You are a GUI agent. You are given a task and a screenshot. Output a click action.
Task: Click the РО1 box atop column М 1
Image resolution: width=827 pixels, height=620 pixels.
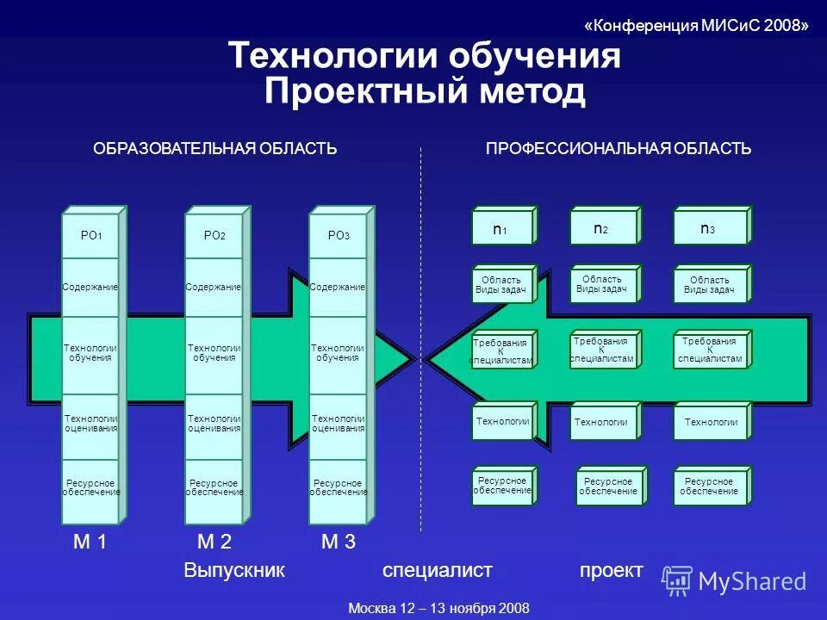point(90,235)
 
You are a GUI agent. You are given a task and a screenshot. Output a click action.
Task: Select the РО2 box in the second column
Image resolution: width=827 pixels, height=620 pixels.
point(214,235)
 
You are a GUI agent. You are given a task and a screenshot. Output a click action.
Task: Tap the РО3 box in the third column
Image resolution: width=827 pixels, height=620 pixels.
point(338,235)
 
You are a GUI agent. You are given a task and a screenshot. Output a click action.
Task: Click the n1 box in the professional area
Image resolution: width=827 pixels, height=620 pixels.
point(501,230)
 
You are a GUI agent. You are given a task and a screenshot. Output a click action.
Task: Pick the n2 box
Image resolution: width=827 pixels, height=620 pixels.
point(601,228)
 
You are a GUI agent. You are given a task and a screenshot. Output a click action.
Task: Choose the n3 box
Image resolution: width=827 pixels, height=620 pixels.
point(708,228)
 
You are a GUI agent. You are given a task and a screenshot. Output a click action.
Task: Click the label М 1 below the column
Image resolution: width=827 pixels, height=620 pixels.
point(90,542)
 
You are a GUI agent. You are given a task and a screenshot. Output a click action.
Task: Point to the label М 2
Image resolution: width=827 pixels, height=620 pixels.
point(214,542)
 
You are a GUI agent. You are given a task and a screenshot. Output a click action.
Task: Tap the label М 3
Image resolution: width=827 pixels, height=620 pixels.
point(338,542)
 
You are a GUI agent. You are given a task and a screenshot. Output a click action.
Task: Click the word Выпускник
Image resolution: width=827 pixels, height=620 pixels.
point(233,571)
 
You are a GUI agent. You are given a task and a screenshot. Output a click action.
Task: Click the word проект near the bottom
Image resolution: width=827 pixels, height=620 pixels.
point(611,570)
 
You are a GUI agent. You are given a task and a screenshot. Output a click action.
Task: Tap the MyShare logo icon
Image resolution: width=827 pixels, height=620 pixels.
point(677,580)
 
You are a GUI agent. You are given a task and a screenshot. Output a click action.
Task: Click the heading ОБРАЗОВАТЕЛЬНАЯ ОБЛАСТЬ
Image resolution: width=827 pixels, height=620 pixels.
point(215,149)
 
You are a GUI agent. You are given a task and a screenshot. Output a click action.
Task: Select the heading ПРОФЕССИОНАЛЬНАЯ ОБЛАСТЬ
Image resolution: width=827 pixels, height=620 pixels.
point(619,149)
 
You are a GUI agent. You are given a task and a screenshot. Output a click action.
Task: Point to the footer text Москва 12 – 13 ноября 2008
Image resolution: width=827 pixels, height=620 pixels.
point(438,608)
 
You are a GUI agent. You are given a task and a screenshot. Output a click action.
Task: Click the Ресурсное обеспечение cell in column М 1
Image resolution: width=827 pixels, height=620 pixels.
point(90,487)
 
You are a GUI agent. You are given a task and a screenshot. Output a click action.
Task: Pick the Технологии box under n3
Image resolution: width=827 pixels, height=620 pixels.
point(710,422)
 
